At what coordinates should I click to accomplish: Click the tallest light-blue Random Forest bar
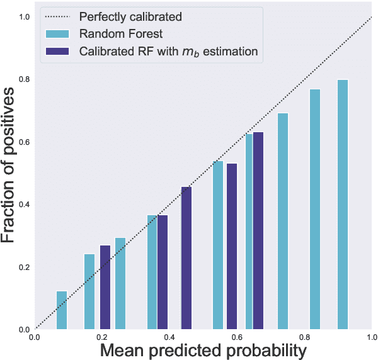(343, 205)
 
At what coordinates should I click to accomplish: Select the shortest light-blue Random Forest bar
(62, 310)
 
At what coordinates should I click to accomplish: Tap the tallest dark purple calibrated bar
(258, 230)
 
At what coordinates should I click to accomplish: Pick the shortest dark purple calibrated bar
(105, 287)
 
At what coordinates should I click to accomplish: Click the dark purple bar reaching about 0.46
(186, 258)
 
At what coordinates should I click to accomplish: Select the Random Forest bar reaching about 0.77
(315, 209)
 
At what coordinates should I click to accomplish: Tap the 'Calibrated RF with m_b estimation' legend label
(168, 52)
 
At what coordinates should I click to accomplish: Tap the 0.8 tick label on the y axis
(23, 79)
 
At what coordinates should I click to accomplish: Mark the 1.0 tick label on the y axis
(23, 16)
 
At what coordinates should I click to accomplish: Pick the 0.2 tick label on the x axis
(102, 337)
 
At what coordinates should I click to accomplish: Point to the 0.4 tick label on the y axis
(23, 205)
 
